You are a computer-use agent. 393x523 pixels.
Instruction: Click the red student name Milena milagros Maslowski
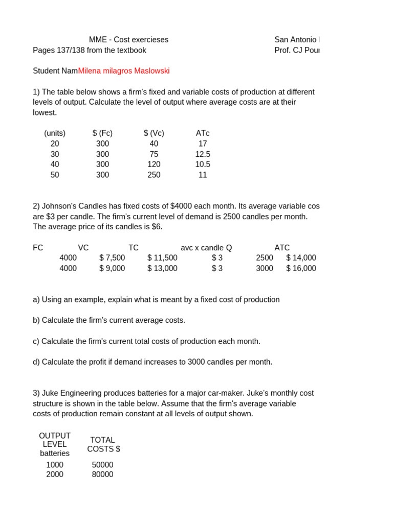(x=124, y=71)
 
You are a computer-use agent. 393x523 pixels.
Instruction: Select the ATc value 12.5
(x=203, y=154)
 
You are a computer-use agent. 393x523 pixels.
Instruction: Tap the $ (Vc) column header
(x=154, y=133)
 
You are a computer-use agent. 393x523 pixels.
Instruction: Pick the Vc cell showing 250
(x=154, y=175)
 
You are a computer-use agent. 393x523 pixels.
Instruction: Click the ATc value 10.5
(x=203, y=164)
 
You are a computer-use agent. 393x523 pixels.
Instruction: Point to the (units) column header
(x=55, y=133)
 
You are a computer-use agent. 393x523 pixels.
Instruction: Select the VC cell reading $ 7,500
(x=112, y=258)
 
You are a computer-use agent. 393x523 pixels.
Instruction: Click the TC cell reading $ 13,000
(x=162, y=268)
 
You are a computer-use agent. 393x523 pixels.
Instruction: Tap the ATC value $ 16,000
(x=301, y=268)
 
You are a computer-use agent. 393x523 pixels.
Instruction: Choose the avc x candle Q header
(x=206, y=248)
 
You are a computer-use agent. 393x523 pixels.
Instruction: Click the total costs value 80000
(x=103, y=474)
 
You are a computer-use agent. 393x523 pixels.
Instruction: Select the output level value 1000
(x=55, y=465)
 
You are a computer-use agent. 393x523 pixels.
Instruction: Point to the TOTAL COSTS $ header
(x=103, y=444)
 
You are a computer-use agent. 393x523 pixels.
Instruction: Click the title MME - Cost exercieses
(x=128, y=40)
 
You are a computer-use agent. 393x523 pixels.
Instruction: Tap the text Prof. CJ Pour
(x=297, y=50)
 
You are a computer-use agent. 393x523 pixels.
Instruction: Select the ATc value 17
(x=203, y=144)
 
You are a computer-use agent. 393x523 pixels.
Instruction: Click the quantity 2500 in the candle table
(x=265, y=258)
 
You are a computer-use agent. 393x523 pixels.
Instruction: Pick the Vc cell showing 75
(x=154, y=154)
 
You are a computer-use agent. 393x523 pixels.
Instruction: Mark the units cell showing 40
(x=55, y=164)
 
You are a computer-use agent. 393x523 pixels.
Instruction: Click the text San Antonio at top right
(x=296, y=40)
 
